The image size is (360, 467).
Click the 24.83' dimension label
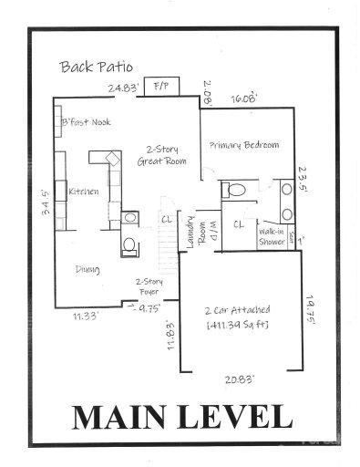click(x=123, y=88)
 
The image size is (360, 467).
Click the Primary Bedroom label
click(x=243, y=145)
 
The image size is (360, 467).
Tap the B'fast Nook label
click(x=87, y=122)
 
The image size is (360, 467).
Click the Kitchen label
click(x=83, y=192)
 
